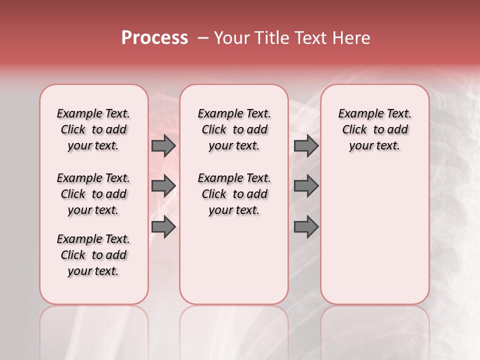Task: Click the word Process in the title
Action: click(x=154, y=38)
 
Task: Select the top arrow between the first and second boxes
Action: click(x=163, y=146)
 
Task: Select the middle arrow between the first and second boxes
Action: click(x=163, y=186)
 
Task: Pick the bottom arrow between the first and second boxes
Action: click(x=163, y=227)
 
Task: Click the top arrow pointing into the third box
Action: click(x=306, y=146)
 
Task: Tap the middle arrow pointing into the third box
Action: click(x=306, y=186)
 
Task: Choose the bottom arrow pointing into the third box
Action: click(x=306, y=227)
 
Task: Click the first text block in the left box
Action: click(x=93, y=129)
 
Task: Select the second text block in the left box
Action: click(x=93, y=194)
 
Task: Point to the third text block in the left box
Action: click(x=93, y=255)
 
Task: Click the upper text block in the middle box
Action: click(x=234, y=129)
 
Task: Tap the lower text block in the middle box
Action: click(x=234, y=194)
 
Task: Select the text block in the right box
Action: click(x=374, y=129)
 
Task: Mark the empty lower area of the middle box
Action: click(x=234, y=260)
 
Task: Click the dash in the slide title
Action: click(x=203, y=38)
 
